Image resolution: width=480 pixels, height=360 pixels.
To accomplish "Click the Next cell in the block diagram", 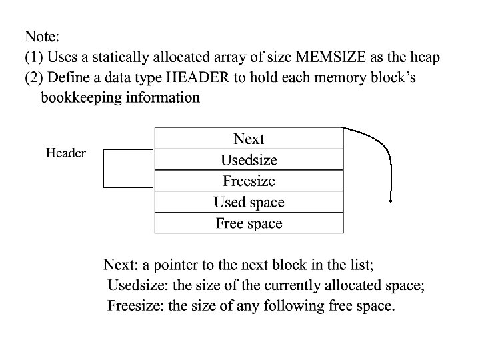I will (x=249, y=139).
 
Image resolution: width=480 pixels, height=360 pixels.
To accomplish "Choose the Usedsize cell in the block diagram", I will (x=249, y=160).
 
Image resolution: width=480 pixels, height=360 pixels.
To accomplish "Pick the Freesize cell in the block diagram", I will (x=249, y=181).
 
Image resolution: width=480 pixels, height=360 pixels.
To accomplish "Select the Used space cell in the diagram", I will (x=249, y=202).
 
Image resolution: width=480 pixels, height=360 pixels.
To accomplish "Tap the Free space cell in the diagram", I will (x=249, y=223).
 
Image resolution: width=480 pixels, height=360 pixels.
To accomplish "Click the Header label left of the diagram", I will (x=65, y=153).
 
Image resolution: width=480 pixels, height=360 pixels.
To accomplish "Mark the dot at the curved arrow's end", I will (x=390, y=201).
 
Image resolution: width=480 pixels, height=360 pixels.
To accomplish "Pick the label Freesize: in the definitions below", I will (x=135, y=307).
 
